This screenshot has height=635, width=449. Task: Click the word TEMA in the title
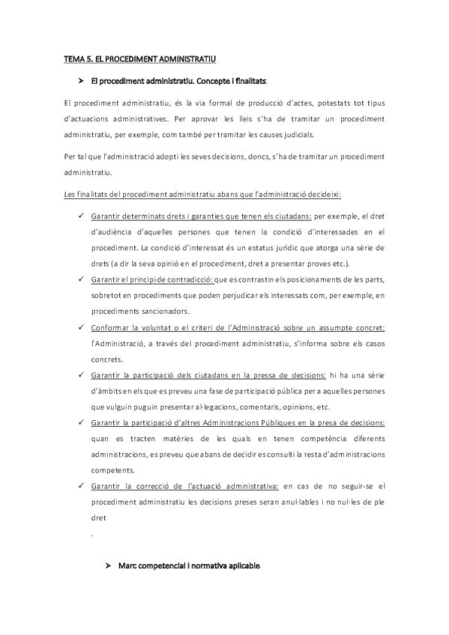tap(72, 58)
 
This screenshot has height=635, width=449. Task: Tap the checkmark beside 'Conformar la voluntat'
tap(79, 327)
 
